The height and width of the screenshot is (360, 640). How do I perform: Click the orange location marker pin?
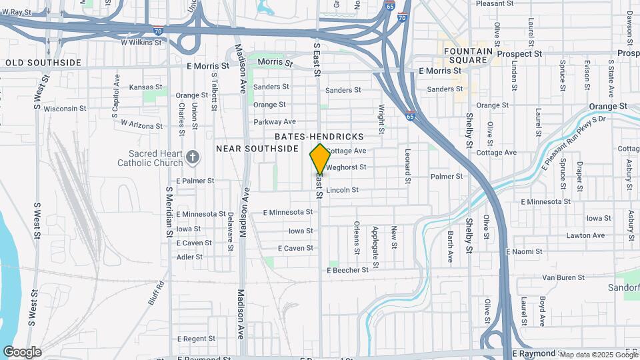click(x=320, y=159)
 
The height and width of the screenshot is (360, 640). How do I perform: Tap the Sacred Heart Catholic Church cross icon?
click(x=193, y=158)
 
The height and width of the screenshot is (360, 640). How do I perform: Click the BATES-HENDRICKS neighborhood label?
click(x=319, y=137)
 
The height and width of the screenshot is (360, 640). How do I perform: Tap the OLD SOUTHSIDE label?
click(x=43, y=63)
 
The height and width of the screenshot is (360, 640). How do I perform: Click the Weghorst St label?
click(x=346, y=167)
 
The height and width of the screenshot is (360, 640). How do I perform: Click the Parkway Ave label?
click(x=275, y=121)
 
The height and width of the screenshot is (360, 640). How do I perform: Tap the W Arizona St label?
click(x=142, y=123)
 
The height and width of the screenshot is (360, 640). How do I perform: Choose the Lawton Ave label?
click(x=585, y=235)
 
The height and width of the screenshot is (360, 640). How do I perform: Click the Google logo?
click(x=22, y=352)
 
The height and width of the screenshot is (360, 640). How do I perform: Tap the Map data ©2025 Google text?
click(x=599, y=355)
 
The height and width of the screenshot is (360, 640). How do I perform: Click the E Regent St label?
click(x=195, y=339)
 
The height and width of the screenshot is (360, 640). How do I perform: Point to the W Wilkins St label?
click(x=141, y=42)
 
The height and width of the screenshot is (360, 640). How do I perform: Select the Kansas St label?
click(x=145, y=87)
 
